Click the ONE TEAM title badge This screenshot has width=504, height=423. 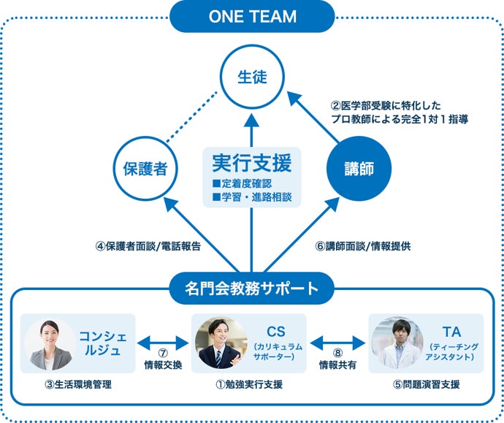click(x=251, y=17)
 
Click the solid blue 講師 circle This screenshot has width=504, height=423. click(x=359, y=169)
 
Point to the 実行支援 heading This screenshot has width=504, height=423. click(x=251, y=161)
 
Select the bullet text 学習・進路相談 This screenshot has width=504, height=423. click(x=252, y=197)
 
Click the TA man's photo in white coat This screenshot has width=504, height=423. click(x=397, y=343)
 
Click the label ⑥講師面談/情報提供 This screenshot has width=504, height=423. click(x=362, y=246)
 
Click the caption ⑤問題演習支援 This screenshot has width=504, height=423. click(x=426, y=384)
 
